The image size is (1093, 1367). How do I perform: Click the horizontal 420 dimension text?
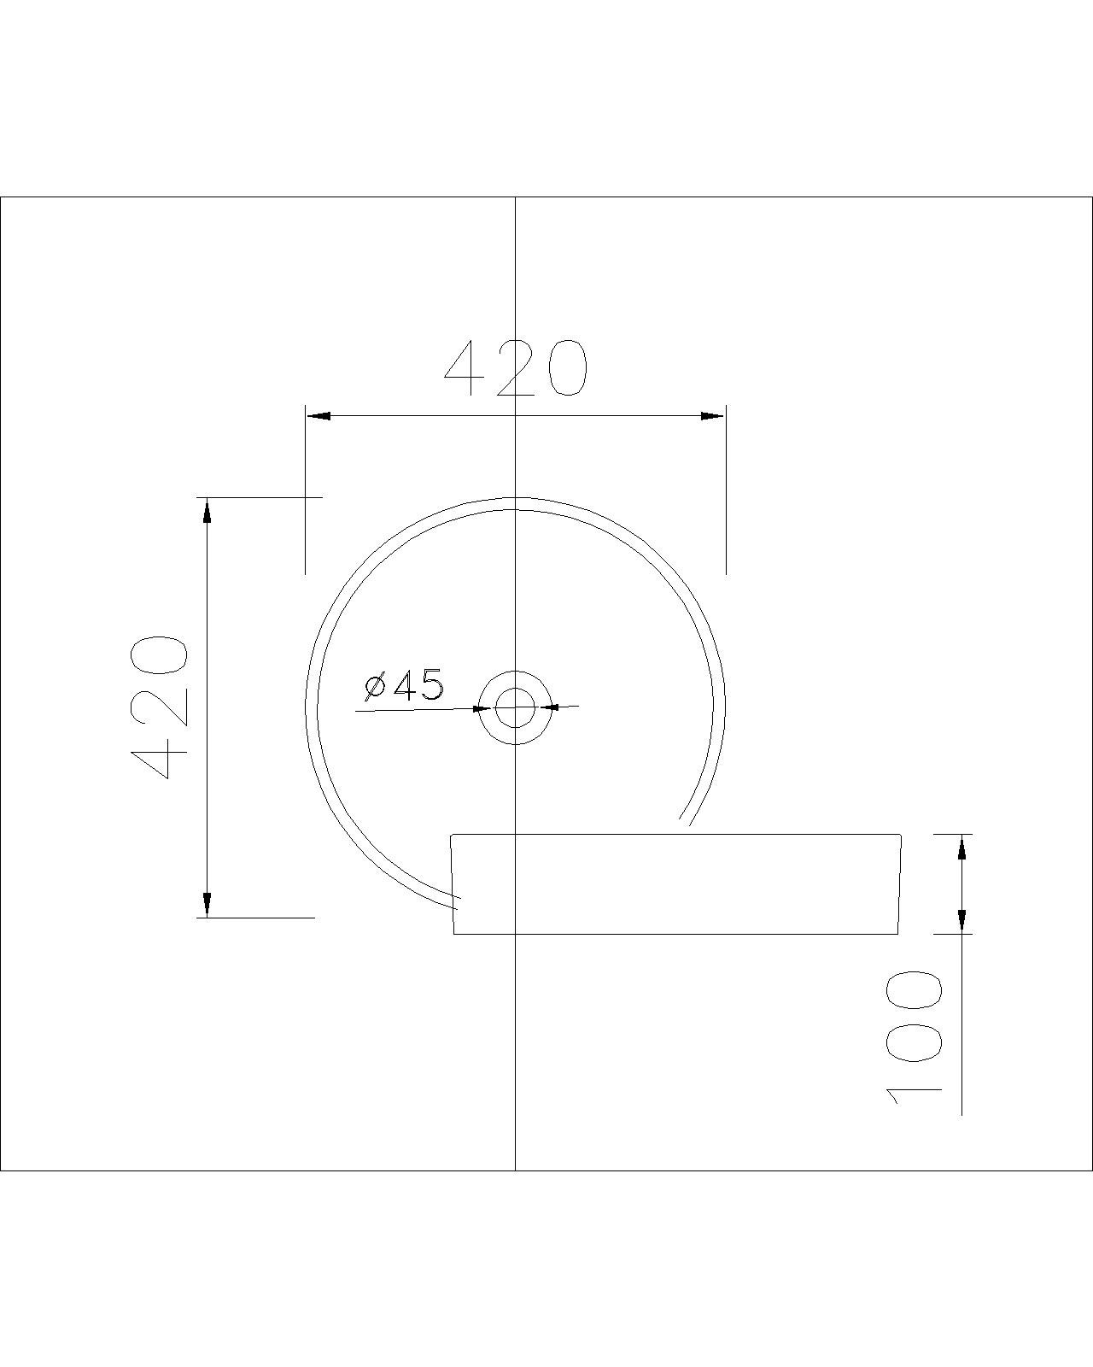(x=516, y=369)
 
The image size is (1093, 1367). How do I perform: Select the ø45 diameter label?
(x=404, y=686)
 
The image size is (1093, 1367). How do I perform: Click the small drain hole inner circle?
(x=514, y=707)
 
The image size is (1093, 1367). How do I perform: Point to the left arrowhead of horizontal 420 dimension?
(x=319, y=416)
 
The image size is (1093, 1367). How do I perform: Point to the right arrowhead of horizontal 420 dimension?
(x=712, y=416)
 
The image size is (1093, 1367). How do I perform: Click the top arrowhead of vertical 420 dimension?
(x=206, y=510)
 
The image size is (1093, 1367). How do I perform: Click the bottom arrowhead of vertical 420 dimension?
(x=206, y=904)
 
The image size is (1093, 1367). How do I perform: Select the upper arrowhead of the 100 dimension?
(x=961, y=848)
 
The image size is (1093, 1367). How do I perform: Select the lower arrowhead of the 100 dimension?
(x=961, y=919)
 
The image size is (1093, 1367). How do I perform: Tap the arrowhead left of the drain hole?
(x=482, y=708)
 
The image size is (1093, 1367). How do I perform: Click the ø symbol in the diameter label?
(x=375, y=687)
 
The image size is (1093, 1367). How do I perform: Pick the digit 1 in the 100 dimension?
(x=914, y=1094)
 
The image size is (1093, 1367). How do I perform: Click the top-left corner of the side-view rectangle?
(x=452, y=834)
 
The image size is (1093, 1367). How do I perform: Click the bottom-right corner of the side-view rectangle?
(x=897, y=934)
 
